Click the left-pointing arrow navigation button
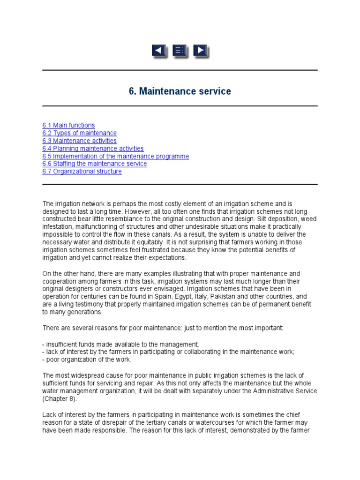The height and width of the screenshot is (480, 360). pos(159,51)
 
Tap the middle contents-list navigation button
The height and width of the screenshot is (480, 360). pos(180,51)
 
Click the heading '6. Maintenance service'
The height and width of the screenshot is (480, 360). pos(180,91)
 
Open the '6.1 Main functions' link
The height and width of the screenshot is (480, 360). pos(68,125)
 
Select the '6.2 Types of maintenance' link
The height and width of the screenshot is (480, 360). pos(79,133)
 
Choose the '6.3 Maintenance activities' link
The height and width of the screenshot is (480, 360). pos(79,141)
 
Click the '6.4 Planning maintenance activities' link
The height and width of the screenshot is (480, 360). pos(93,149)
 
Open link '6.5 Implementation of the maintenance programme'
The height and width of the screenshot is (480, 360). pos(115,156)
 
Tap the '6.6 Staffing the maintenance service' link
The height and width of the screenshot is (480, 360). pos(94,164)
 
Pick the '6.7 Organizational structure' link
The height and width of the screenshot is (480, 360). pos(82,172)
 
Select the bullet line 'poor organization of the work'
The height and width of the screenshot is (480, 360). pos(87,360)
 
